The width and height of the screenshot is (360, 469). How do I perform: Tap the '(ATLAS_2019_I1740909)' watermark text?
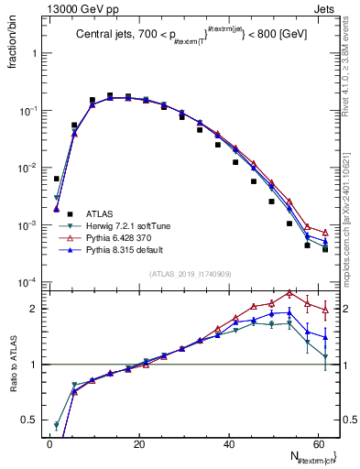(x=190, y=273)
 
